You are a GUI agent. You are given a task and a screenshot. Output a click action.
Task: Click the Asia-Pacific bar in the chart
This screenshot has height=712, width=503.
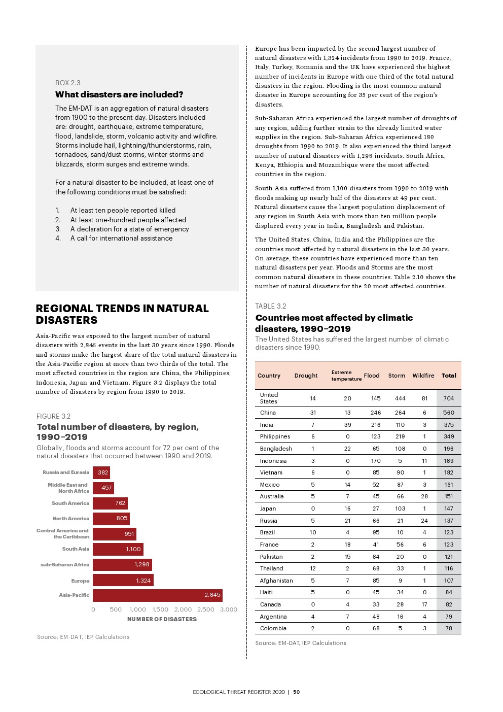coord(157,595)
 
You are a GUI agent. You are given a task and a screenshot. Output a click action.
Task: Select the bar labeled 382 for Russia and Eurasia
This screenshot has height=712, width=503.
coord(101,472)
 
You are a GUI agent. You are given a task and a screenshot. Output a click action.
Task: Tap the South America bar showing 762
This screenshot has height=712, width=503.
coord(110,503)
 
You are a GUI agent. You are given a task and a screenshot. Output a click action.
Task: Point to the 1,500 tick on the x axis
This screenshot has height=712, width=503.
coord(160,609)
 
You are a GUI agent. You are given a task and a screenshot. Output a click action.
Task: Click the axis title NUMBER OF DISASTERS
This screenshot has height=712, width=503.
coord(162,619)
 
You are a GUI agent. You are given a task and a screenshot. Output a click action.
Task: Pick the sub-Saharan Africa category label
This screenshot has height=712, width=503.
coord(65,565)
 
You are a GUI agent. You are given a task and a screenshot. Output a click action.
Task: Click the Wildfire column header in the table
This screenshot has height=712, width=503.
coord(423,376)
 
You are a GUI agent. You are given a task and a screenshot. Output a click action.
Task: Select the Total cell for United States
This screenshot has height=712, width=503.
coord(449,398)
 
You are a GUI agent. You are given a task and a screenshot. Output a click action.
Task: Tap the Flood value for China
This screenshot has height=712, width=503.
coord(376,413)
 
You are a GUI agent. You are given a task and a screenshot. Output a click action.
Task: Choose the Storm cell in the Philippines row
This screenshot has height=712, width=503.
coord(400,436)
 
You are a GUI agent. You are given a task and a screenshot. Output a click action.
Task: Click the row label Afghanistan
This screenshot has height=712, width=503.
coord(276,581)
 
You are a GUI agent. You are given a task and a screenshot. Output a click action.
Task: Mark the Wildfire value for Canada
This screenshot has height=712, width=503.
coord(424,604)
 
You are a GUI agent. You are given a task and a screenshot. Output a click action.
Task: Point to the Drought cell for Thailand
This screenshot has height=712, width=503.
coord(313,568)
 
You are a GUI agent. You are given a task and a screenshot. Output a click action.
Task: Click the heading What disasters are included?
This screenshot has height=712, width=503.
coord(119,94)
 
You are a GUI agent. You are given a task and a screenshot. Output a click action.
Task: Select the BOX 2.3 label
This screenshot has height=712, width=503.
coord(68,83)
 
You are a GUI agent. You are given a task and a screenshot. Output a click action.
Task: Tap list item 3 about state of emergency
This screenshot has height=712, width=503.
coord(129,229)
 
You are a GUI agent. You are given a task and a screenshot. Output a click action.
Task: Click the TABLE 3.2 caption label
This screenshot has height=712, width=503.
coord(271,306)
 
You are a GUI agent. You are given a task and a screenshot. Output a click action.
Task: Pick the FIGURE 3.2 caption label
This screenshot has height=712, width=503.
coord(54,416)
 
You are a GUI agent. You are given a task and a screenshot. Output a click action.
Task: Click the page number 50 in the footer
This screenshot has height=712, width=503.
coord(297,692)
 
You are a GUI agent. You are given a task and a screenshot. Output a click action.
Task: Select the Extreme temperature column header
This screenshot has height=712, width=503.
coord(346,376)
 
